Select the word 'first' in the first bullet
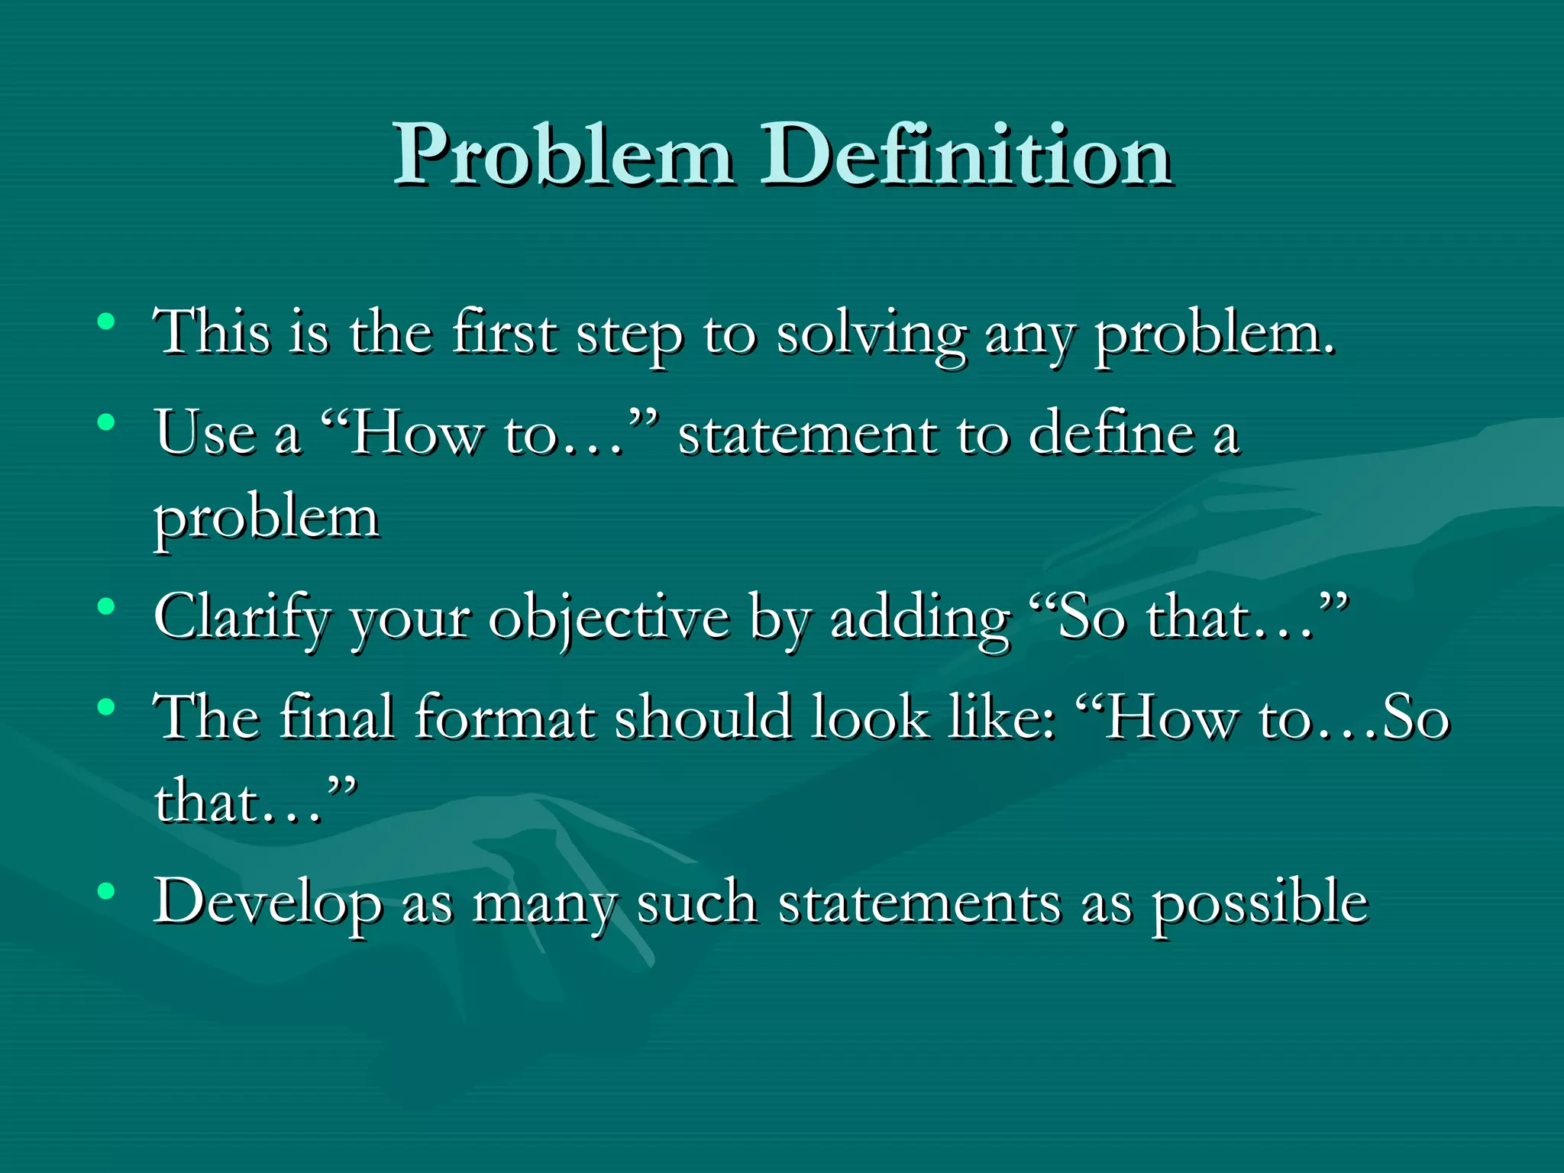point(504,333)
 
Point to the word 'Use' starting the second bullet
point(205,433)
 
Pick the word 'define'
point(1111,433)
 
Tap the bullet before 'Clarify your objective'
point(107,607)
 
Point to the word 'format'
point(505,718)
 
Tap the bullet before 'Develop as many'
point(107,890)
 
